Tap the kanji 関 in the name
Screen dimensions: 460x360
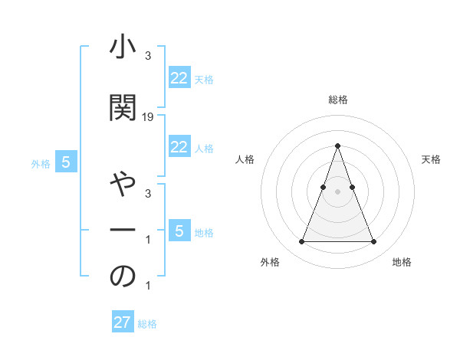pos(123,108)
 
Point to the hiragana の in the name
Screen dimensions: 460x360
pos(123,277)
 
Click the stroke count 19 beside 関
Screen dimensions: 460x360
pos(148,116)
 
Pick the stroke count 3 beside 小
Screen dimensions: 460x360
pos(148,55)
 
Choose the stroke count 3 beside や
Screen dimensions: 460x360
pos(148,193)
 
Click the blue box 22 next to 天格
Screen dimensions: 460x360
pos(179,78)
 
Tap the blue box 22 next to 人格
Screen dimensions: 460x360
pos(179,147)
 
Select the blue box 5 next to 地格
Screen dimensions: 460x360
pos(179,231)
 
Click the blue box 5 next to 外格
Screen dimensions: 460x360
pos(67,162)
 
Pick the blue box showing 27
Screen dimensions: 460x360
pos(123,322)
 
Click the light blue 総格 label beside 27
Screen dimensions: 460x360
pos(147,324)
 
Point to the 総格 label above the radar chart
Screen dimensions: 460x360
pos(337,100)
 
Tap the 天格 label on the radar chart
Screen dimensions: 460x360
pos(432,159)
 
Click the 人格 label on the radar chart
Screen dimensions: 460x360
pos(245,159)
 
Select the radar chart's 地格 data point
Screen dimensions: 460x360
pos(373,242)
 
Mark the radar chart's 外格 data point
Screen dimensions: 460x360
pos(301,242)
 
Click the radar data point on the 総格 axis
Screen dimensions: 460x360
pos(337,146)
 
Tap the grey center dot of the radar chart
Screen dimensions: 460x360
pos(337,191)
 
